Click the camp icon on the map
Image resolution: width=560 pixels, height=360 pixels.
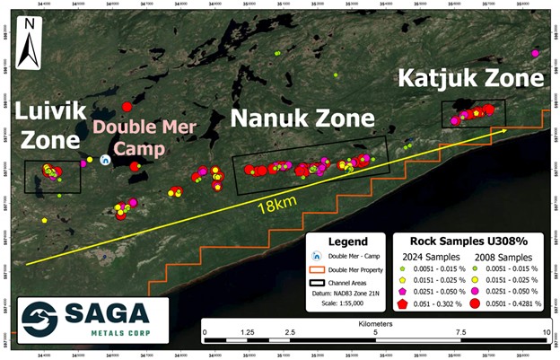(x=105, y=160)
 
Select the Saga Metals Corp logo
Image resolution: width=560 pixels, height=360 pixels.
(x=84, y=318)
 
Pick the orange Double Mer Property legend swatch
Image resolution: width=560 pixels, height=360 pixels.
(x=316, y=270)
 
